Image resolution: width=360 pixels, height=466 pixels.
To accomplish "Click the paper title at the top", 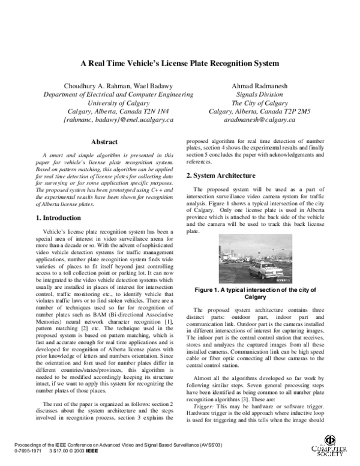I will [180, 63].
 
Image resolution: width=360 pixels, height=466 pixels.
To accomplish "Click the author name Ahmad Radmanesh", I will [260, 86].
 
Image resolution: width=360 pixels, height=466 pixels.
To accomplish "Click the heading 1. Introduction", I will [56, 217].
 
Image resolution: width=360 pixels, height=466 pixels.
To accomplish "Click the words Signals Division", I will [260, 95].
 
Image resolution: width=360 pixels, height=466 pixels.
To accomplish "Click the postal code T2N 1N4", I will [154, 112].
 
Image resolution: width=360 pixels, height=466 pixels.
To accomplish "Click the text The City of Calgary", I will [260, 103].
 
